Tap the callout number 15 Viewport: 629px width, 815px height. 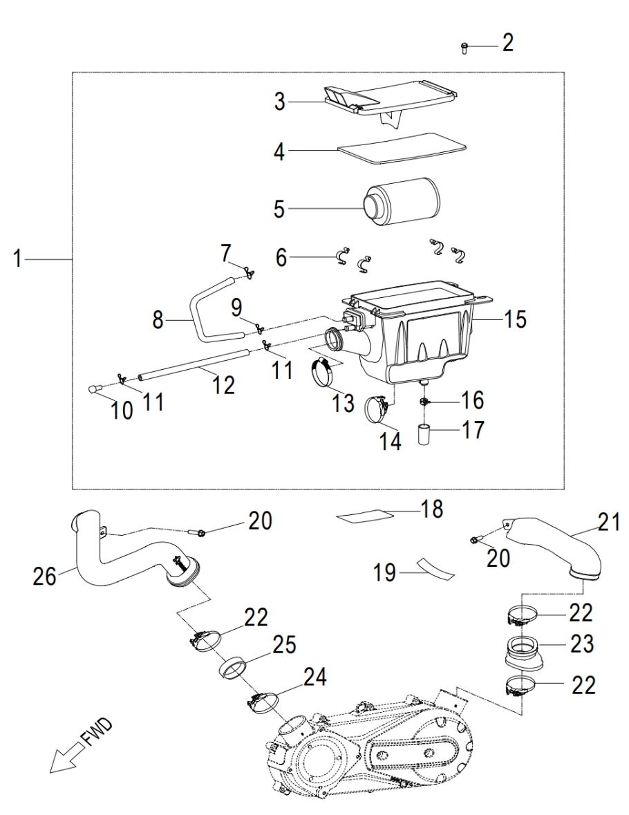tap(514, 319)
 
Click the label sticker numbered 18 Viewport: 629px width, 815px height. tap(362, 515)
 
